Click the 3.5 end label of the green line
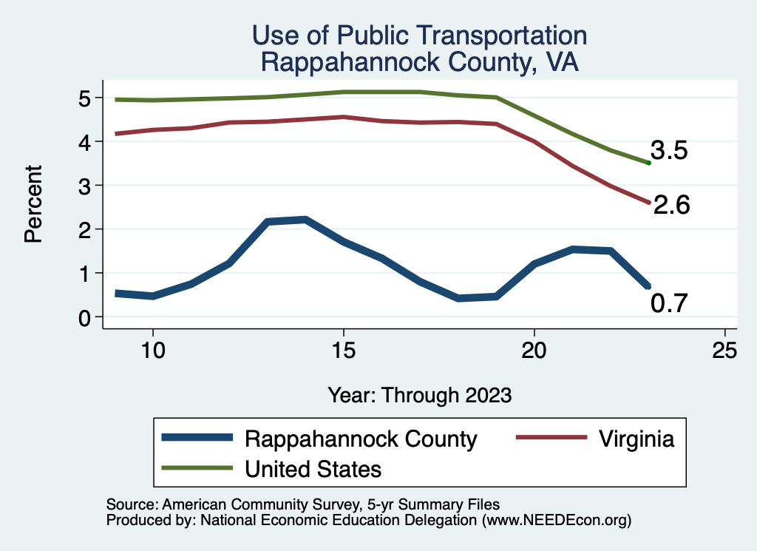pos(669,151)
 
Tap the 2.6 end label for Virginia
pos(671,205)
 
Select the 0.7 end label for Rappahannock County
pos(669,303)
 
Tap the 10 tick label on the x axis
pos(152,350)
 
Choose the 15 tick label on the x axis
pos(343,350)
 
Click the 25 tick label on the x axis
pos(724,350)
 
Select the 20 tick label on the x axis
pos(534,350)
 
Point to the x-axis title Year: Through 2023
pos(419,395)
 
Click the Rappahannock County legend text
pos(361,439)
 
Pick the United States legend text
pos(313,468)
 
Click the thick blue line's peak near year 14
pos(305,220)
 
